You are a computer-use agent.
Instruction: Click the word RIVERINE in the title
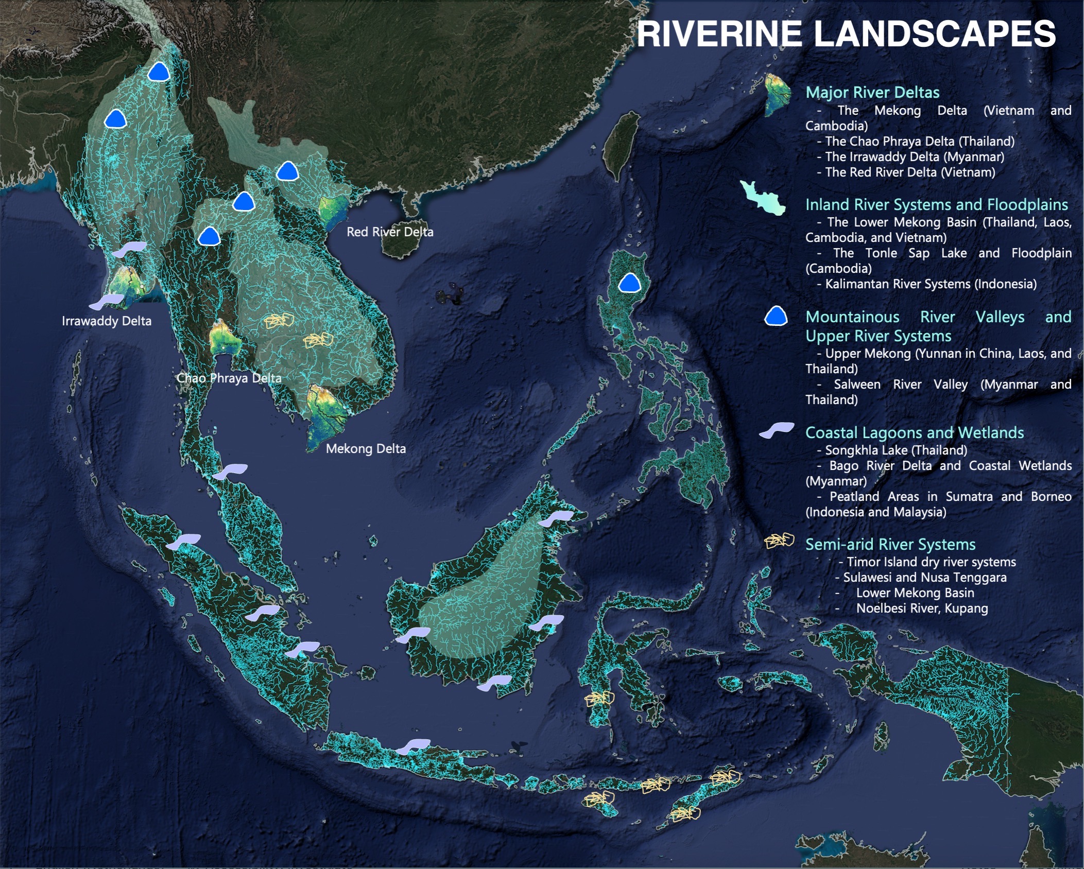pos(719,34)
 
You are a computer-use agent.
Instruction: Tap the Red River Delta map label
pos(390,232)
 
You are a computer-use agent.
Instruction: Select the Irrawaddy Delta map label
pos(106,321)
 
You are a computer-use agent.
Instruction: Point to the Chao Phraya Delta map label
pos(229,378)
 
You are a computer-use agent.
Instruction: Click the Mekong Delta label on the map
pos(366,448)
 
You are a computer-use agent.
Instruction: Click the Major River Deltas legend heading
pos(872,92)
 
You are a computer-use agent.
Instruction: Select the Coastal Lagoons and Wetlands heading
pos(914,432)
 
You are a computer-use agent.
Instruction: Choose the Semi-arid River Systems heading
pos(890,544)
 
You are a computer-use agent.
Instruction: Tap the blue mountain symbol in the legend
pos(776,316)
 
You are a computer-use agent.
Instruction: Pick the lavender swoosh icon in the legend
pos(777,430)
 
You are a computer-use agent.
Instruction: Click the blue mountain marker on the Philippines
pos(629,283)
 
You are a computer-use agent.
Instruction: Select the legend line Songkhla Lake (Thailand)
pos(896,450)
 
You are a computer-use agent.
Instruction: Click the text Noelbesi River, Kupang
pos(921,608)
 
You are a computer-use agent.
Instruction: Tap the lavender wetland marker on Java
pos(413,746)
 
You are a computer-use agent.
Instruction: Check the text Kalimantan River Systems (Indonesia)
pos(931,284)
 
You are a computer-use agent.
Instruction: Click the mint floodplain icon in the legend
pos(763,197)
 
